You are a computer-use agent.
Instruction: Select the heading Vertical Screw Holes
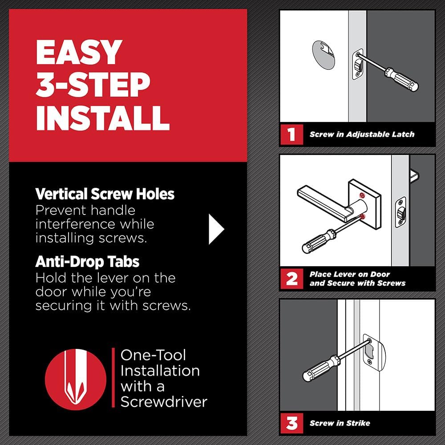point(105,194)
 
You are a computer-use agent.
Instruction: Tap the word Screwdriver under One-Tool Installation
point(164,401)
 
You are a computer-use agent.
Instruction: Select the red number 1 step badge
point(291,134)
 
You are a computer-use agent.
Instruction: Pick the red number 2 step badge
point(291,279)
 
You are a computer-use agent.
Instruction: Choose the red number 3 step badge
point(291,423)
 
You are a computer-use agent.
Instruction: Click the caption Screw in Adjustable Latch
point(362,134)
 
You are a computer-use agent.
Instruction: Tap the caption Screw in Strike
point(340,423)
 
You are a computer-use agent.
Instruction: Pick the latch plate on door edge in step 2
point(401,212)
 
